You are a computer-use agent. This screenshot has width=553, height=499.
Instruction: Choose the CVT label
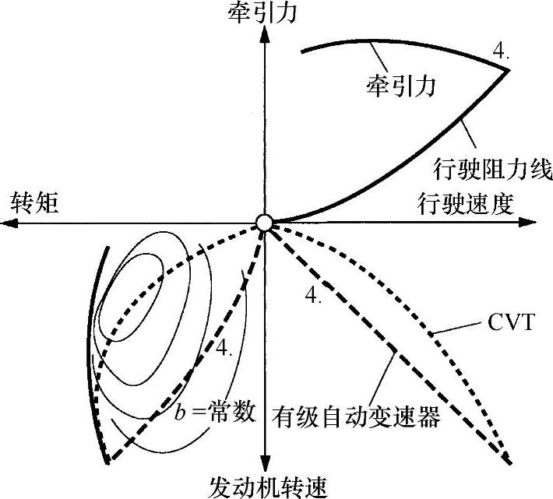pos(512,322)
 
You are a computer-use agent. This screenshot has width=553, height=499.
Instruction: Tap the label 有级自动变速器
pos(358,417)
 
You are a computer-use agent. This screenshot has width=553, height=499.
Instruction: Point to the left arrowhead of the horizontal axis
pos(9,223)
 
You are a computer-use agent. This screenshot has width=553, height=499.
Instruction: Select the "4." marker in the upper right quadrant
pos(501,52)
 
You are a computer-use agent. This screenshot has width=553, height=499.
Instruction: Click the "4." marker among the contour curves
pos(225,350)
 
